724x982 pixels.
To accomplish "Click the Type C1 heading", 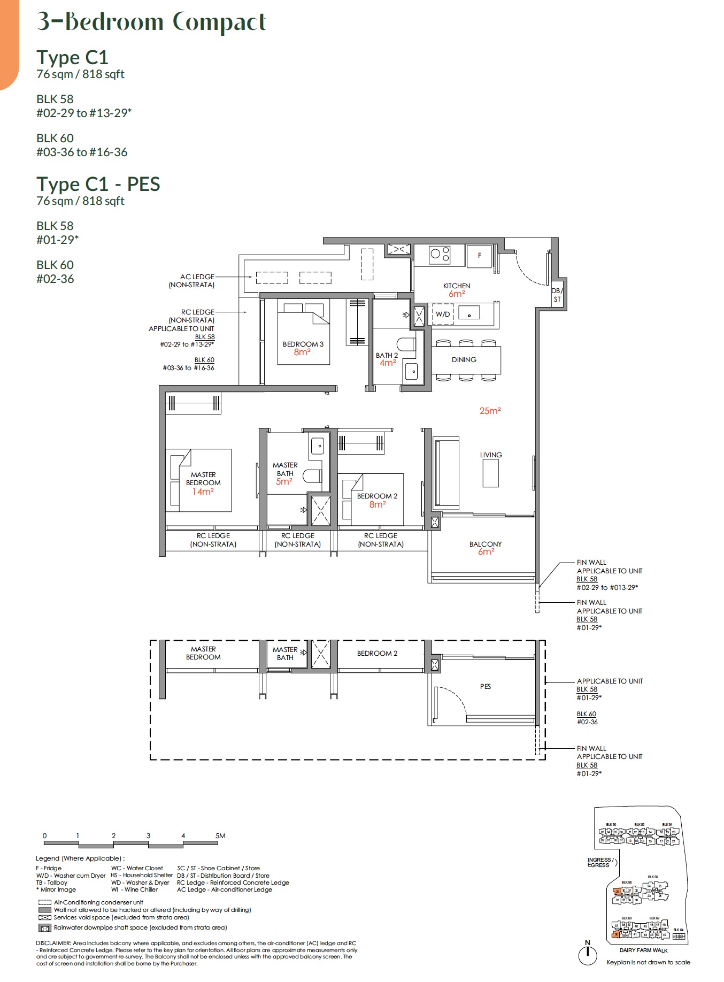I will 72,57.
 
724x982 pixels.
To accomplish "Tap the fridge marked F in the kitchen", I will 480,256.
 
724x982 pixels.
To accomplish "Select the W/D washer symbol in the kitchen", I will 443,314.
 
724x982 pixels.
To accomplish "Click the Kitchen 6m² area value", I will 457,294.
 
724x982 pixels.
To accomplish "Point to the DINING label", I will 464,359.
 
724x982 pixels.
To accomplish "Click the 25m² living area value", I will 490,411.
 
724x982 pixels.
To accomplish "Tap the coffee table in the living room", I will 490,473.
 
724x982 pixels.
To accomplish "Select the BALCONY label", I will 486,544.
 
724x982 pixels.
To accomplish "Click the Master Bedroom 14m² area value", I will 203,492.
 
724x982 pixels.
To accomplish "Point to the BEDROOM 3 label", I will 303,344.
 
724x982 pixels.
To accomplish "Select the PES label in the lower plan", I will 485,686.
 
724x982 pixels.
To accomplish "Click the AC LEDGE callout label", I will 197,277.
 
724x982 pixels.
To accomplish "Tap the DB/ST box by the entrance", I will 557,295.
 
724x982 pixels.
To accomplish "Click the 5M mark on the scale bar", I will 220,835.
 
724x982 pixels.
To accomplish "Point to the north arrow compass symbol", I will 588,954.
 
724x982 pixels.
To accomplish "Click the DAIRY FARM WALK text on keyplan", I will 643,950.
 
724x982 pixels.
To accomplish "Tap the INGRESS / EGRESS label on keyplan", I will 599,862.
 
